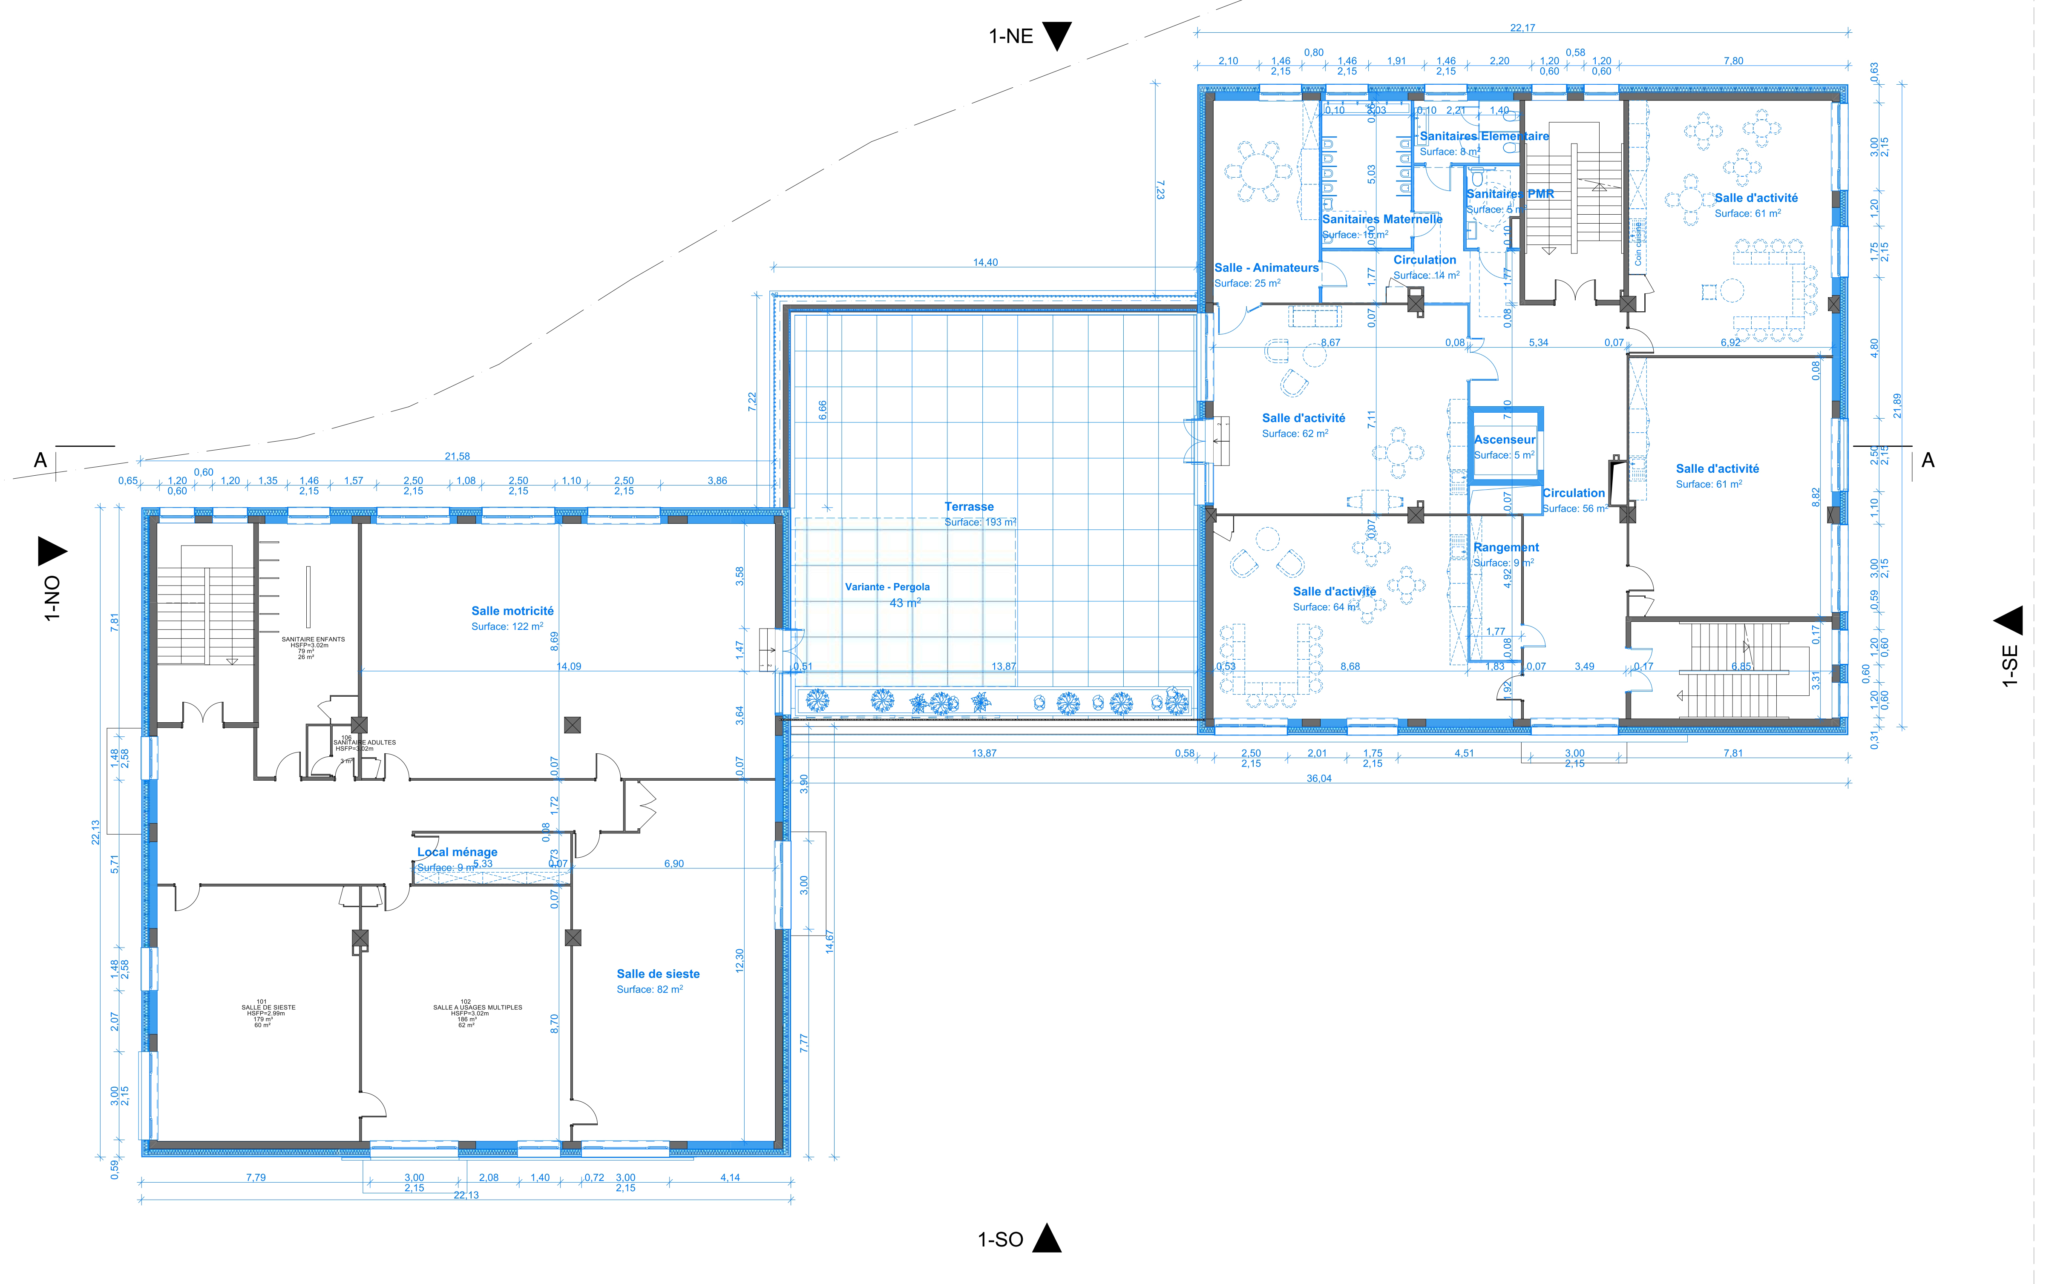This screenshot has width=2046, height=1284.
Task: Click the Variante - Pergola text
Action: (886, 587)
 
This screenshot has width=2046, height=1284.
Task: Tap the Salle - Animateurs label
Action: (1266, 267)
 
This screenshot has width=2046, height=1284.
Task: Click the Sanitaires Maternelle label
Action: (1382, 219)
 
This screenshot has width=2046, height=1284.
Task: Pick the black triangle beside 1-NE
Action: (1056, 37)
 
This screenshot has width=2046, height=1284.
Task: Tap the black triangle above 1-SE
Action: (2009, 621)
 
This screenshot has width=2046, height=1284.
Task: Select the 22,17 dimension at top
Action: (1522, 28)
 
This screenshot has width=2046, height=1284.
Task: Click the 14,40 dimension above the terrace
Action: (985, 262)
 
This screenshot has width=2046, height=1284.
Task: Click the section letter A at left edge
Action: (40, 460)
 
